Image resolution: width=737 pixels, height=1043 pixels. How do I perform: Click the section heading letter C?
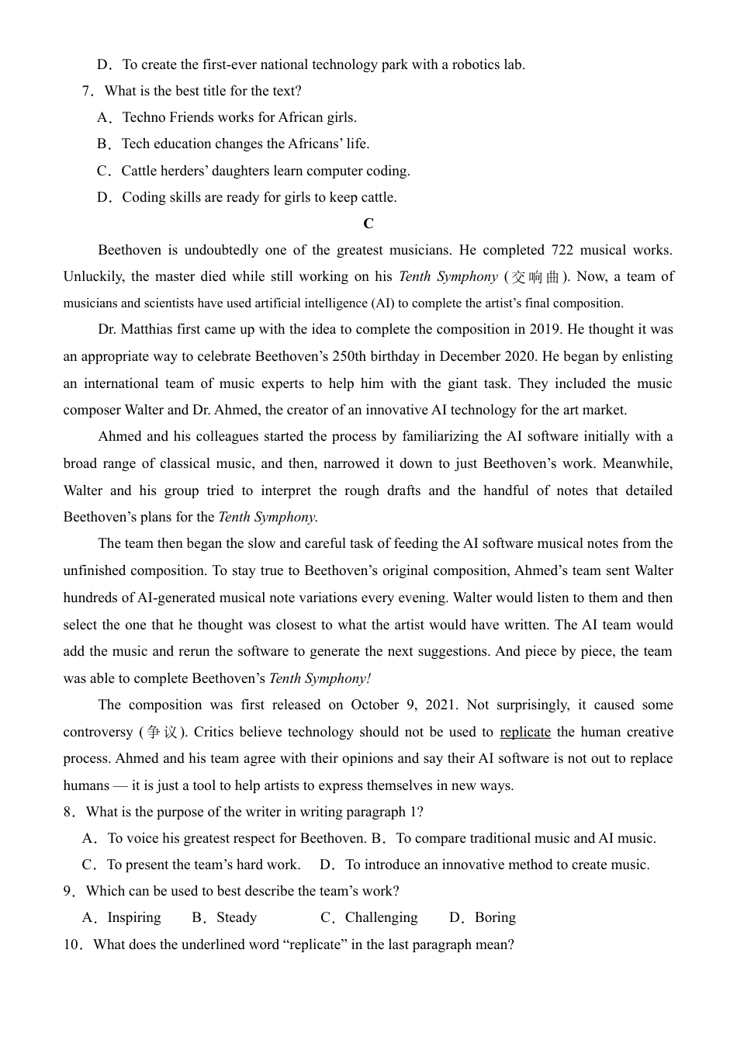click(368, 223)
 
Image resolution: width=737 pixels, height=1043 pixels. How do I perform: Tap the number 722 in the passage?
click(562, 250)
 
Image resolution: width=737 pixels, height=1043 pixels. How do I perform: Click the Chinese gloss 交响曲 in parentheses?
click(536, 277)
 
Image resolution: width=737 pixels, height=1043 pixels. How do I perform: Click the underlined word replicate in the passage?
click(525, 732)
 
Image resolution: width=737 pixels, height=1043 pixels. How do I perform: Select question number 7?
click(87, 91)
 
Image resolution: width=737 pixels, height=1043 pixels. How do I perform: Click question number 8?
click(70, 812)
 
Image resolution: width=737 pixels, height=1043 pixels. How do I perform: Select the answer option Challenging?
click(380, 917)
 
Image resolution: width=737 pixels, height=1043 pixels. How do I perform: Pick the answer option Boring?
click(494, 917)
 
